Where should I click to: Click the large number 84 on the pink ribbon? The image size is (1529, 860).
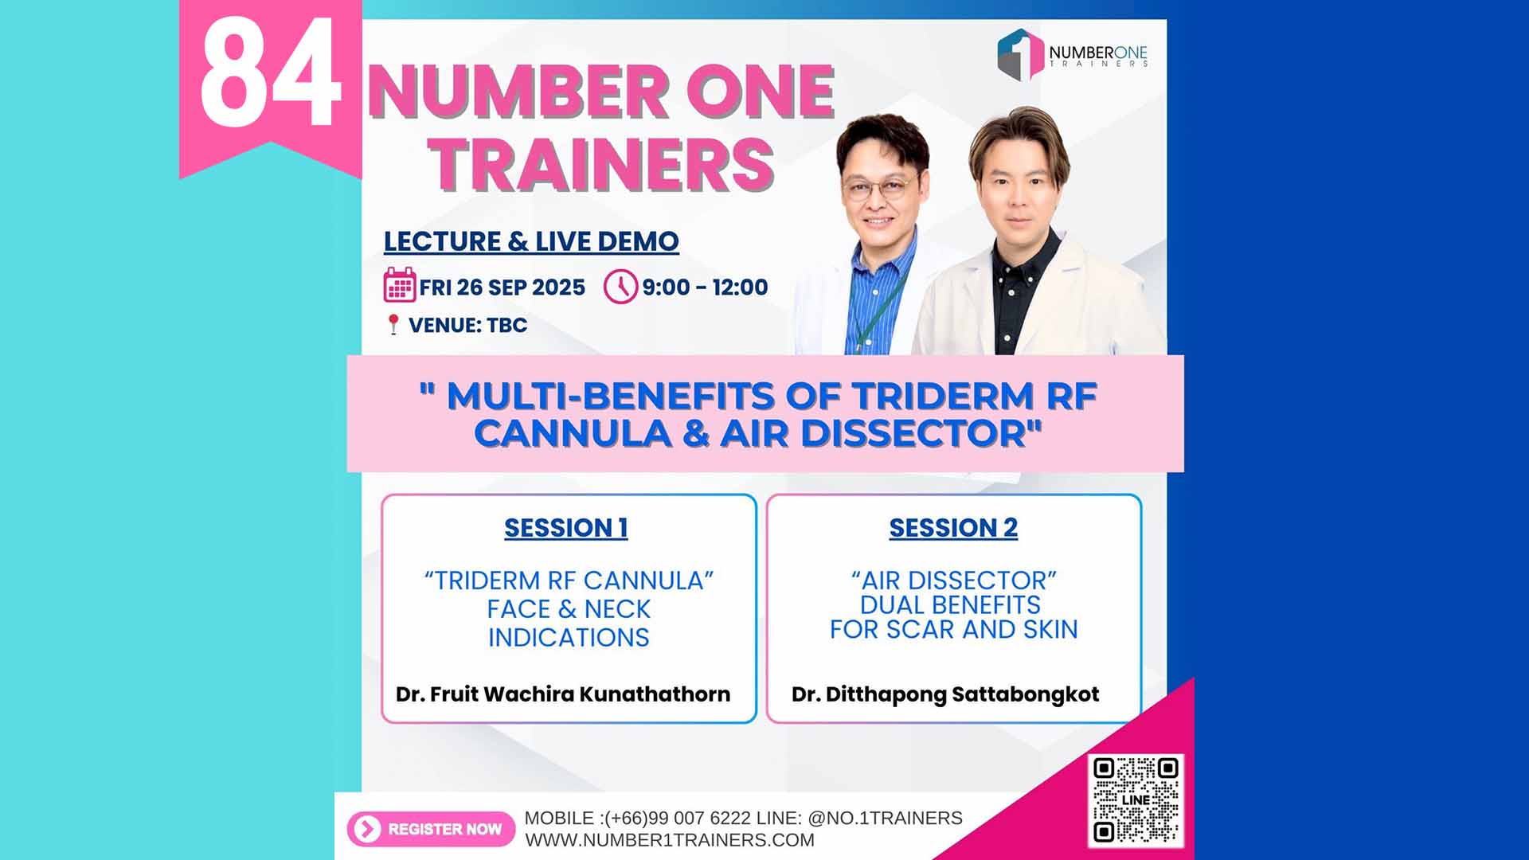(x=271, y=73)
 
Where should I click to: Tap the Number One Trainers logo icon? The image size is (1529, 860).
(x=1020, y=54)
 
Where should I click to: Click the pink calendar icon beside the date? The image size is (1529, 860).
(x=400, y=285)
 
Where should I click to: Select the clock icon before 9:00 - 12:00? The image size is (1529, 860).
(x=620, y=287)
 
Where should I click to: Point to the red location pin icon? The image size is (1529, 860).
(x=393, y=324)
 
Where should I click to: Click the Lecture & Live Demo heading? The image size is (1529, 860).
(x=531, y=241)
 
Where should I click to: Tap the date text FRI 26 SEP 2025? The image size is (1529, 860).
(x=502, y=287)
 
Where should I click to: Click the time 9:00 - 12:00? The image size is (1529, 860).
(x=705, y=287)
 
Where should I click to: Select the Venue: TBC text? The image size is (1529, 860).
(x=467, y=325)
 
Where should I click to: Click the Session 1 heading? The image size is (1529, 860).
(x=566, y=528)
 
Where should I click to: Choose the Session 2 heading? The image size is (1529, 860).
(x=953, y=528)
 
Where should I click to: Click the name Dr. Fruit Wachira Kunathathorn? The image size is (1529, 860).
(x=563, y=694)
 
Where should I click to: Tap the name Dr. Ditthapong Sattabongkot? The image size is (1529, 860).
(x=945, y=694)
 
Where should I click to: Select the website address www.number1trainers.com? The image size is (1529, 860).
(x=670, y=840)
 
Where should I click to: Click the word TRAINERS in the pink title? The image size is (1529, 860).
(x=602, y=165)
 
